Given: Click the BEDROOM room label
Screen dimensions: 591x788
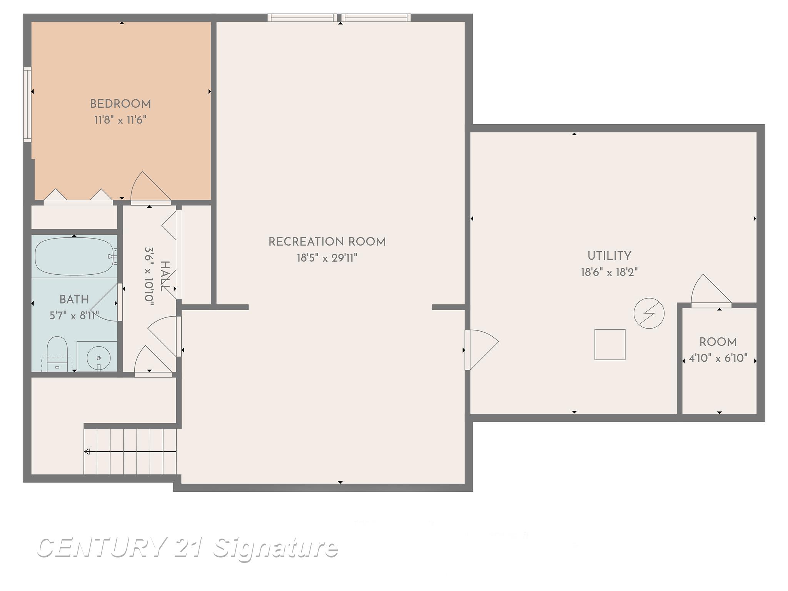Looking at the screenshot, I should tap(120, 104).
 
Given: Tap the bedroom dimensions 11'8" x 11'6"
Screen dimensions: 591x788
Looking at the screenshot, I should tap(120, 120).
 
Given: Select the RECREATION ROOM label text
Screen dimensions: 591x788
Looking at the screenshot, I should tap(327, 242).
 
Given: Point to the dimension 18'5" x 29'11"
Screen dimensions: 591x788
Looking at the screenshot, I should tap(327, 258).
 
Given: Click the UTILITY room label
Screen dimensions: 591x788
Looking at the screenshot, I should tap(609, 256).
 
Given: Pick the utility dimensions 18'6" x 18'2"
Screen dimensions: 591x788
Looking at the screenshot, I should tap(609, 272).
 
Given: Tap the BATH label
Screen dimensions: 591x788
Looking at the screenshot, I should tap(74, 299).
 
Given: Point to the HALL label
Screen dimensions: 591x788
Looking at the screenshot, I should tap(165, 276).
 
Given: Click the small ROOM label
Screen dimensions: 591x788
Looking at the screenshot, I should tap(718, 342).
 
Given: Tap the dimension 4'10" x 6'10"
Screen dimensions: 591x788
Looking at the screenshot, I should tap(718, 358).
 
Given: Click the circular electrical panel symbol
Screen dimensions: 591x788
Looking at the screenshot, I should tap(649, 313).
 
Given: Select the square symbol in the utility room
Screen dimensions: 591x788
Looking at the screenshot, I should tap(610, 344).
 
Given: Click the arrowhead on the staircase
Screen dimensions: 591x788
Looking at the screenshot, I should tap(87, 452).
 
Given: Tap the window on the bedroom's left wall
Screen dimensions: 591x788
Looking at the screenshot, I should tap(27, 105).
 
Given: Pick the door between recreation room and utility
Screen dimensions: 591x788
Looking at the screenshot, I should tap(481, 349).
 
